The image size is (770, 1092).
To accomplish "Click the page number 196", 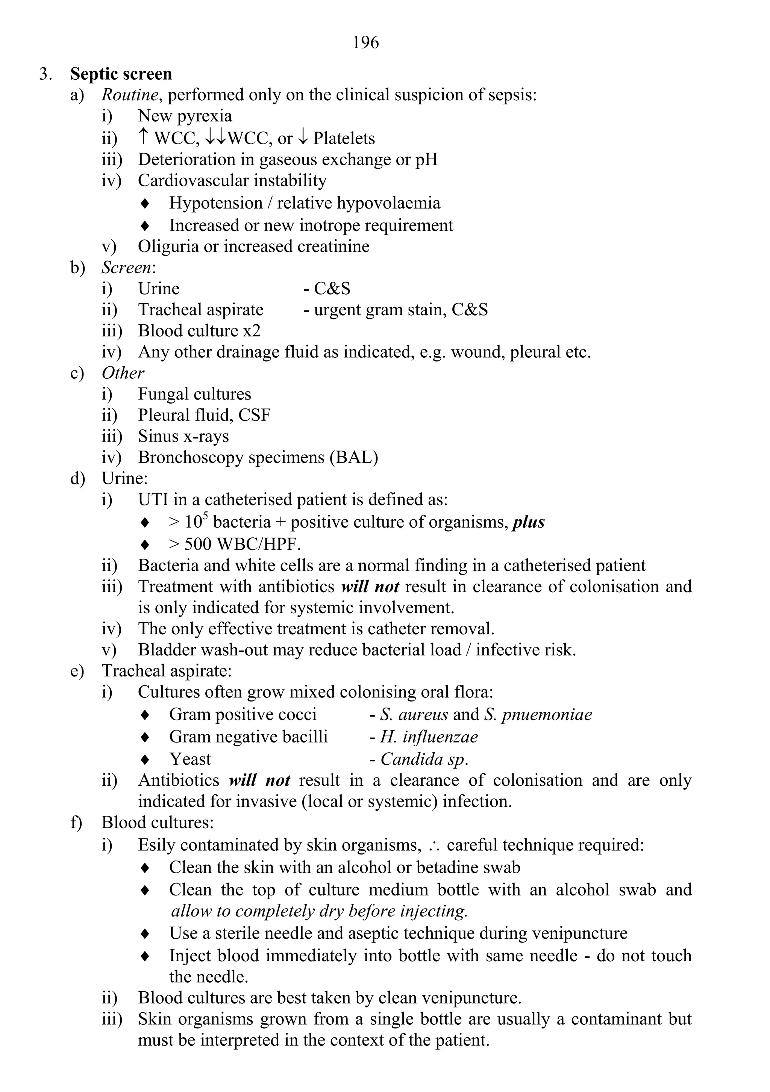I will click(x=365, y=43).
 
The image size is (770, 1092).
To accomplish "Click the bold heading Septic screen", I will click(x=121, y=74).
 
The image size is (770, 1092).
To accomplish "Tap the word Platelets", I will click(x=344, y=138).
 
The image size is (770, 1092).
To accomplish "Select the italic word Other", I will click(x=123, y=373).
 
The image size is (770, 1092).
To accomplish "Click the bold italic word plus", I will click(x=528, y=522).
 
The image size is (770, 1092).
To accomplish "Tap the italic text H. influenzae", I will click(x=429, y=737).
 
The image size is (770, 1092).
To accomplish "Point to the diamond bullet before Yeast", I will click(x=146, y=759).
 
